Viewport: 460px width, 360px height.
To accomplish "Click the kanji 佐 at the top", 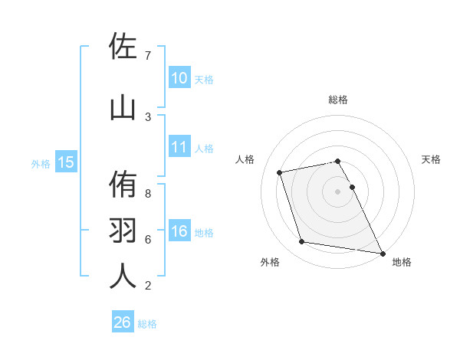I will coord(123,46).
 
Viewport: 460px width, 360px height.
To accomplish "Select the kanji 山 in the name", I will coord(123,107).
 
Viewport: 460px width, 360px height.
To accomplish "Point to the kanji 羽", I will coord(123,230).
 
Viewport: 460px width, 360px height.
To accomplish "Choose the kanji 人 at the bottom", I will coord(123,275).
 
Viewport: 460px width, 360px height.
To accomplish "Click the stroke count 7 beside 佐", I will coord(147,56).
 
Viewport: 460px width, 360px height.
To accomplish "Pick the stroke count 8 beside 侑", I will coord(147,194).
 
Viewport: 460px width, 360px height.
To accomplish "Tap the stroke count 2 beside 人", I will coord(147,286).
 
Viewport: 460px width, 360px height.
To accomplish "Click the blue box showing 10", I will coord(179,78).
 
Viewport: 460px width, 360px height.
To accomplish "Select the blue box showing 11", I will coord(179,147).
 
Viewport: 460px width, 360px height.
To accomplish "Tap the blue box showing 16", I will coord(179,231).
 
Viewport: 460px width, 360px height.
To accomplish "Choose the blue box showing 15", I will coord(65,162).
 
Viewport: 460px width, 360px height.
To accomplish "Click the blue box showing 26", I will coord(122,322).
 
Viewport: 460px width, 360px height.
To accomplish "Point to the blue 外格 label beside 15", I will coord(41,163).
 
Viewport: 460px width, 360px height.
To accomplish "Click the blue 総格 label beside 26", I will coord(147,324).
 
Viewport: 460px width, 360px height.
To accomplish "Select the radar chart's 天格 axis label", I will coord(431,159).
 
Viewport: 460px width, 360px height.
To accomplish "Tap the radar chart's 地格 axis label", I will coord(402,262).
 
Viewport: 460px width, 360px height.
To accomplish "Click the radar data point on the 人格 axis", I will coord(280,172).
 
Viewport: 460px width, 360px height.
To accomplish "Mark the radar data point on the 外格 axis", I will coord(302,242).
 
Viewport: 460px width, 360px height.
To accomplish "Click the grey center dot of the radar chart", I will coord(338,191).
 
